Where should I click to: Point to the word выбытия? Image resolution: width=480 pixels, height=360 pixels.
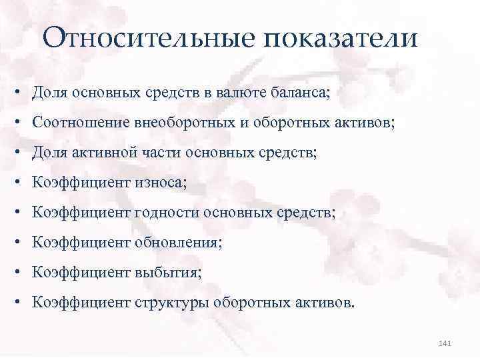pyautogui.click(x=167, y=273)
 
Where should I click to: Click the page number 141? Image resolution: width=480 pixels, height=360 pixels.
pyautogui.click(x=446, y=343)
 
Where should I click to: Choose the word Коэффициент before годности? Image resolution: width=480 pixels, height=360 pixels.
pyautogui.click(x=81, y=213)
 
